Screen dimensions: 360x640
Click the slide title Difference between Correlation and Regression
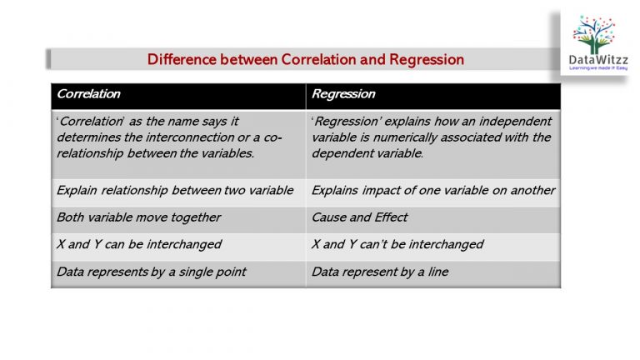[305, 59]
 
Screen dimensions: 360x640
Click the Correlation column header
[88, 93]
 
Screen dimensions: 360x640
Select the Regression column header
[343, 93]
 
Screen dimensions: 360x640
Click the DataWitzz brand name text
[599, 59]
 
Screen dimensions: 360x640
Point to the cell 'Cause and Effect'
[359, 217]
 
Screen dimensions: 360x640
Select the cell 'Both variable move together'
[138, 217]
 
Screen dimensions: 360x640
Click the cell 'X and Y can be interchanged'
[138, 245]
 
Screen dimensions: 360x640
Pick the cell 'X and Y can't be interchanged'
[397, 245]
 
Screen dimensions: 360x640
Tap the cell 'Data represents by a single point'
[151, 272]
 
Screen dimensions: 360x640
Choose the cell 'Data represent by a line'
[379, 272]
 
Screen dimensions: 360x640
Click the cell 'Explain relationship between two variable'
[175, 191]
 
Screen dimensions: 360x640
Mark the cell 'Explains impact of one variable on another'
[432, 191]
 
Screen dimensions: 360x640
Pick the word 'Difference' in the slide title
[180, 59]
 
